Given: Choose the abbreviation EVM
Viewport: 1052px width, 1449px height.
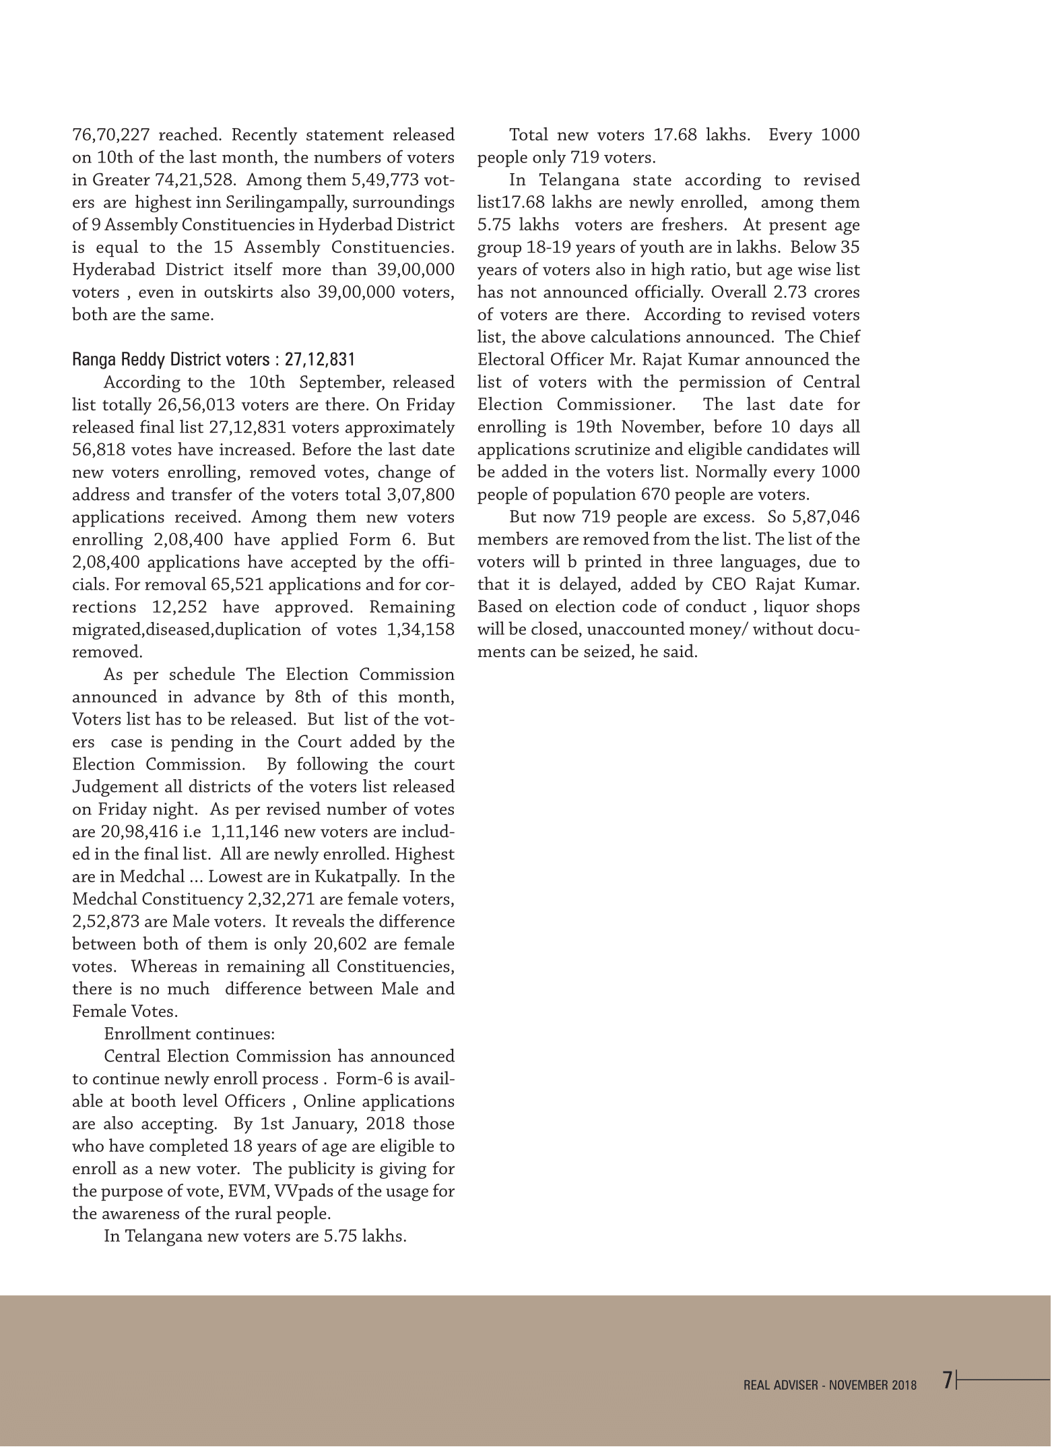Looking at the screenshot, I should tap(249, 1192).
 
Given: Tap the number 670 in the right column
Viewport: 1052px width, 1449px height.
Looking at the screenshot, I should tap(654, 495).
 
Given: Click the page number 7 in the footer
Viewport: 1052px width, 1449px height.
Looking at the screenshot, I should tap(948, 1380).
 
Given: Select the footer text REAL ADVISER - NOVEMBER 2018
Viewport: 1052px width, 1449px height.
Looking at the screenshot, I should tap(830, 1386).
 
